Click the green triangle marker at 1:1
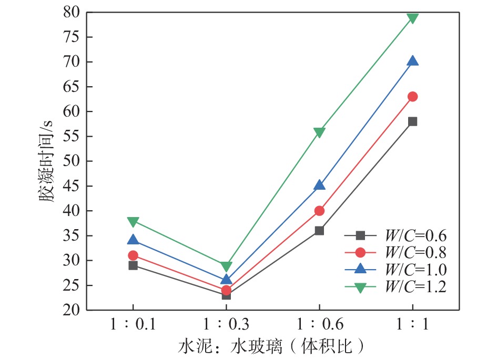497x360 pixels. coord(412,18)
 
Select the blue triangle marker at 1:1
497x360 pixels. coord(412,61)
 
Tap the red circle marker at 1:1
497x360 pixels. coord(412,97)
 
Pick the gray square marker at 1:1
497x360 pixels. coord(412,121)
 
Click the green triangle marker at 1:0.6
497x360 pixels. coord(319,132)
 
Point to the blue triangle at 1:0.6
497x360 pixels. coord(319,186)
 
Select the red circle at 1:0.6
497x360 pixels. coord(319,211)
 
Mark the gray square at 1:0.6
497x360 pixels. coord(319,230)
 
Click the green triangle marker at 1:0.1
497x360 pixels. coord(133,221)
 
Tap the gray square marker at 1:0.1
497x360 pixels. coord(133,265)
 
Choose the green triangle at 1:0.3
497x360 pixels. coord(226,266)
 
